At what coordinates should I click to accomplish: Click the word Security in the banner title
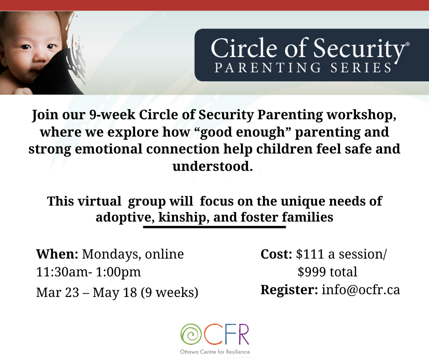pyautogui.click(x=359, y=49)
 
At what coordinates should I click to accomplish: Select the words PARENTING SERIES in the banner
pyautogui.click(x=303, y=68)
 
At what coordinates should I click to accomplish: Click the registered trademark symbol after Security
pyautogui.click(x=408, y=43)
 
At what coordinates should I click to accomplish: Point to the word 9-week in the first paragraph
pyautogui.click(x=112, y=115)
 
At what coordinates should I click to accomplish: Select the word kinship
pyautogui.click(x=182, y=217)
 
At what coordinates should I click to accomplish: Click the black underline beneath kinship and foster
pyautogui.click(x=214, y=227)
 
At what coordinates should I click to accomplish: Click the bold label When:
pyautogui.click(x=57, y=254)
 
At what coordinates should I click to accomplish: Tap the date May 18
pyautogui.click(x=115, y=292)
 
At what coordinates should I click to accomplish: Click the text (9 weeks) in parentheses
pyautogui.click(x=169, y=292)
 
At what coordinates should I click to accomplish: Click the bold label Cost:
pyautogui.click(x=276, y=254)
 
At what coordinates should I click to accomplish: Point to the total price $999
pyautogui.click(x=312, y=272)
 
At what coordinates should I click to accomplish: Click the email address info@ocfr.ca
pyautogui.click(x=361, y=290)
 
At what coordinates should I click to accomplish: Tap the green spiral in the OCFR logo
pyautogui.click(x=191, y=334)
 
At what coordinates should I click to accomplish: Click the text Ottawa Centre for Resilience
pyautogui.click(x=215, y=352)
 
